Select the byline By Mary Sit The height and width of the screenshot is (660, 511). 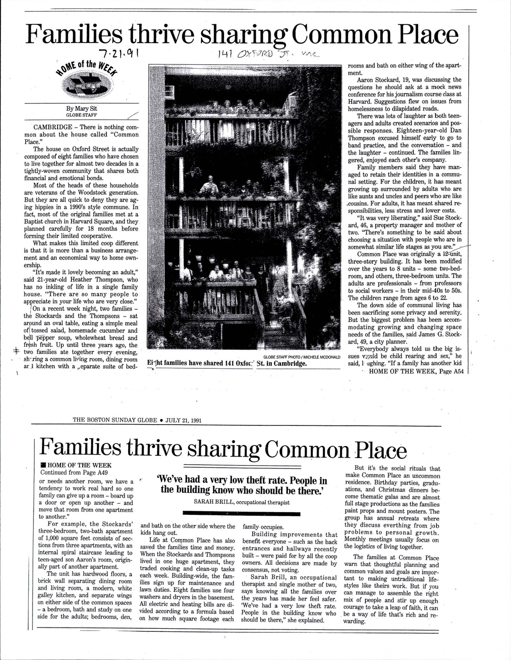[x=82, y=110]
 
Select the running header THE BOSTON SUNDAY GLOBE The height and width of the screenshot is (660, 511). [x=115, y=420]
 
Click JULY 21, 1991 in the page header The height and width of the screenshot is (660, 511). [x=183, y=420]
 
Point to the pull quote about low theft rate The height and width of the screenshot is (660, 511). [x=242, y=485]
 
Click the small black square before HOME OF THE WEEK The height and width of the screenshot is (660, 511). [x=42, y=465]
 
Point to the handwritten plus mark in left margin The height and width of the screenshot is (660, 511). [x=16, y=351]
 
